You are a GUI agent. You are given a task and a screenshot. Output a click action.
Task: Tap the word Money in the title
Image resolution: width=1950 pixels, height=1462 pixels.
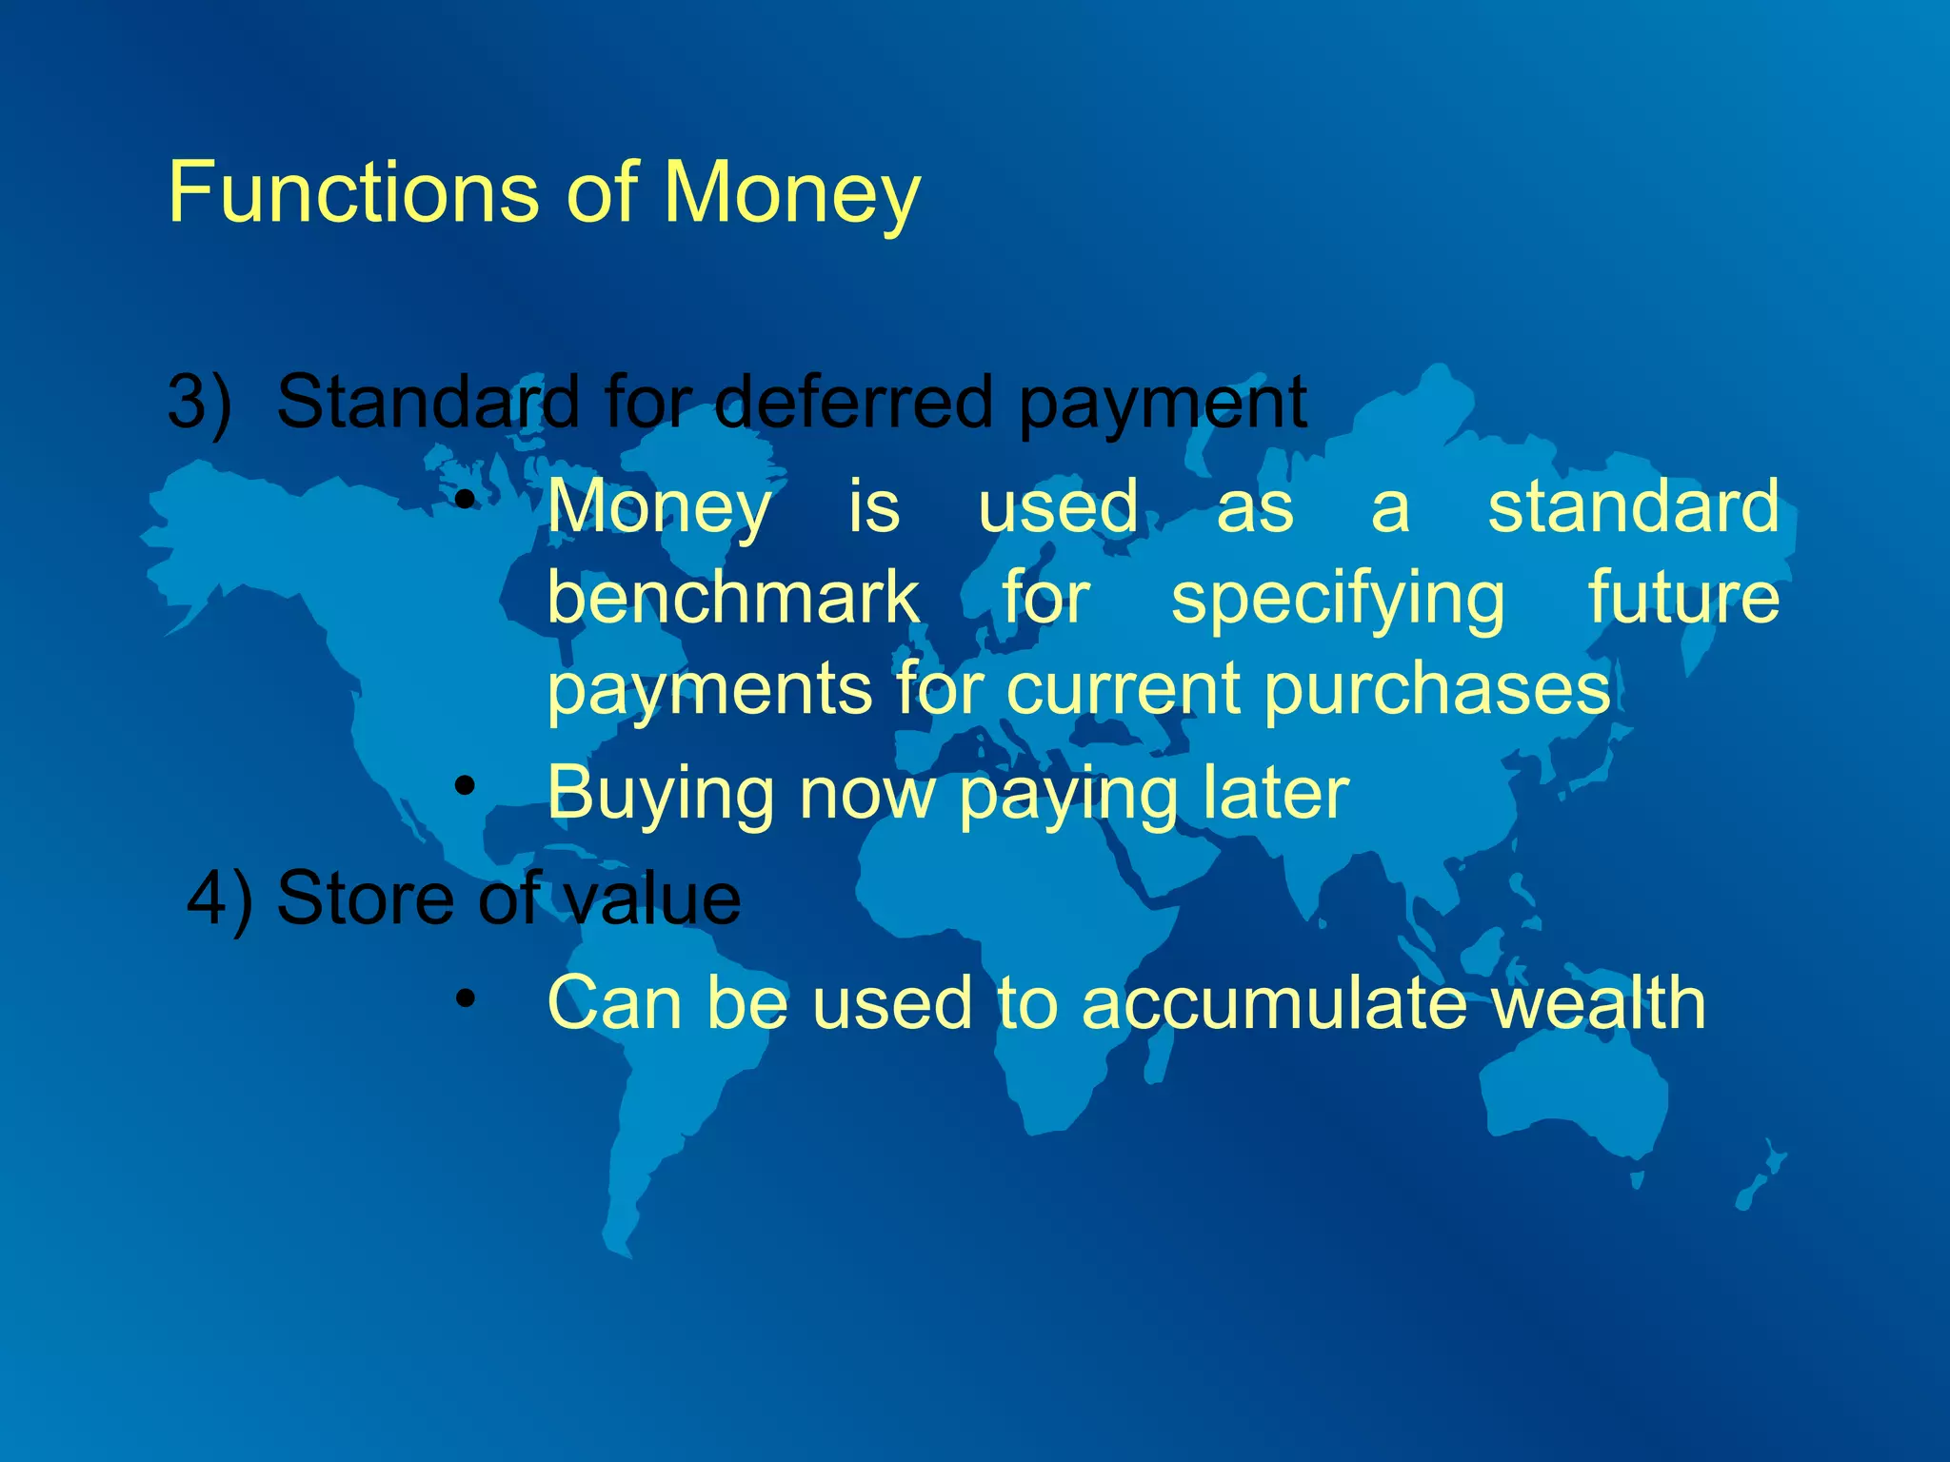pyautogui.click(x=791, y=194)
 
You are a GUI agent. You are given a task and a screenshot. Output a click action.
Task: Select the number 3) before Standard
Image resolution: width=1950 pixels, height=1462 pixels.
pyautogui.click(x=199, y=402)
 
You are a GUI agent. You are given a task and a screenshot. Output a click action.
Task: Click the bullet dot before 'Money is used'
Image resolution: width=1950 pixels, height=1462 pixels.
pyautogui.click(x=464, y=500)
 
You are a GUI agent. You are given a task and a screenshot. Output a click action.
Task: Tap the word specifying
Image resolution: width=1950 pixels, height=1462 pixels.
pyautogui.click(x=1338, y=600)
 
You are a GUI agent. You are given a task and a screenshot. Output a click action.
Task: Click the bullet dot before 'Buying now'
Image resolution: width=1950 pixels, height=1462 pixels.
pyautogui.click(x=464, y=786)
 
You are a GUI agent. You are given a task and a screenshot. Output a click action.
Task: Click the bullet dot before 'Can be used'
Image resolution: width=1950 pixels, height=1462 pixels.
pyautogui.click(x=464, y=998)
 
